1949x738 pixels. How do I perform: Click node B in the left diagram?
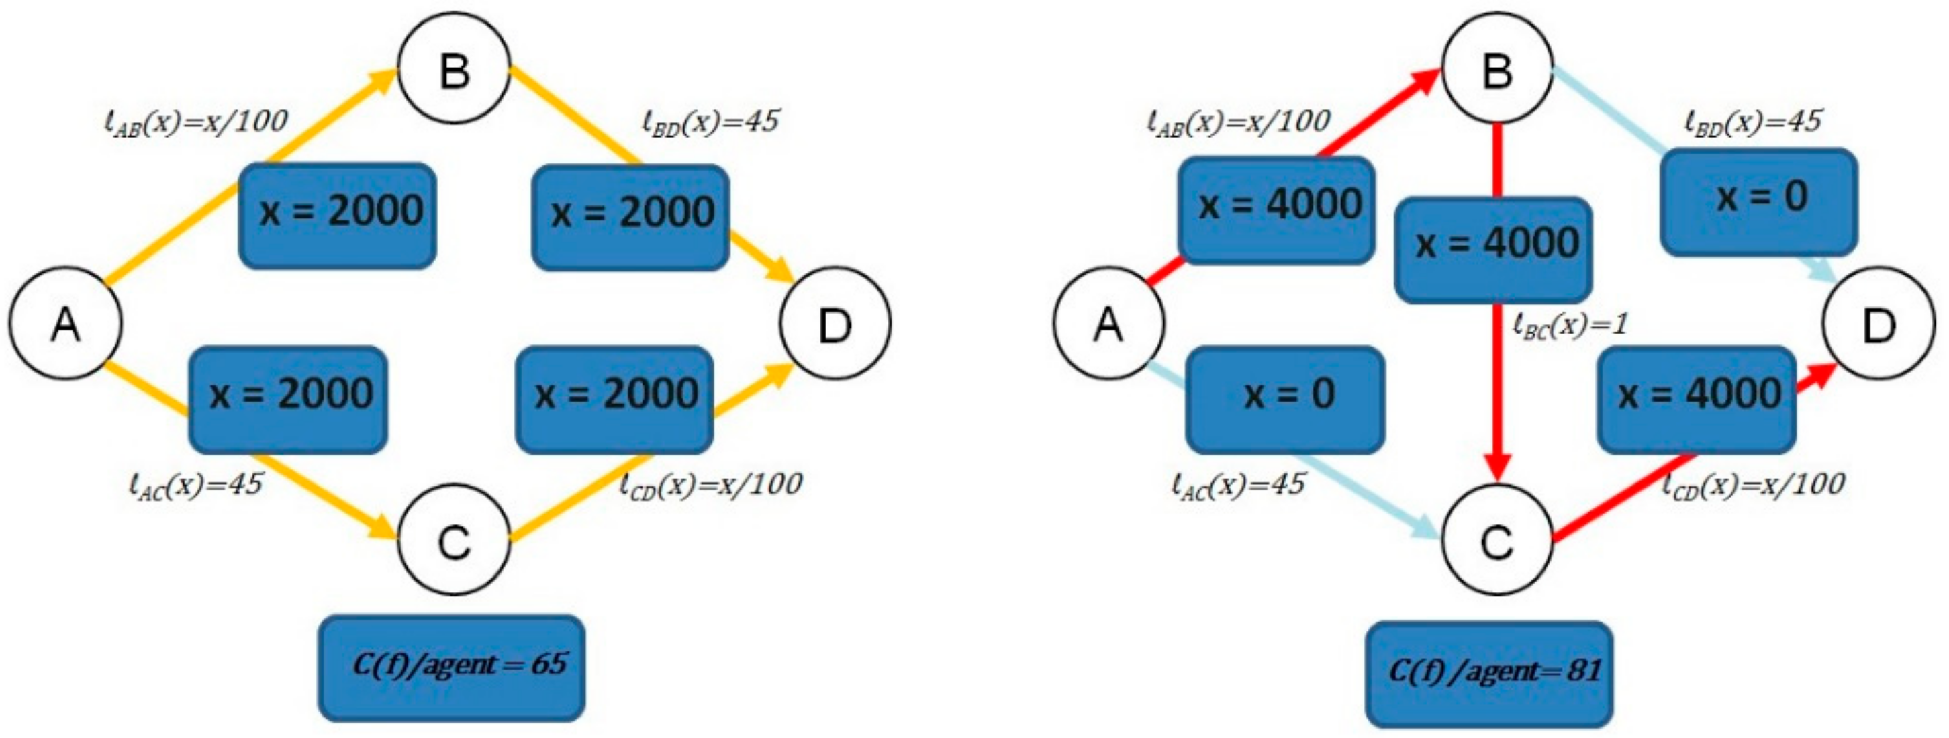(x=454, y=70)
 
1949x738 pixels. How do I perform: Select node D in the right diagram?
(x=1879, y=323)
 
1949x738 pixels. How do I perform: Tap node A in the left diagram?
(x=65, y=323)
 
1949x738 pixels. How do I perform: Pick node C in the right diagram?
(x=1497, y=540)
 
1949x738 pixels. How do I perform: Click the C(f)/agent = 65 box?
(x=451, y=667)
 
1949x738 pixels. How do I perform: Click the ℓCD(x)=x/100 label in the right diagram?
(x=1753, y=483)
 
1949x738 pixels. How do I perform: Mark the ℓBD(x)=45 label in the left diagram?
(x=710, y=122)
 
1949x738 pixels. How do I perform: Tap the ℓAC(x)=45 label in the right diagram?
(x=1238, y=484)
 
